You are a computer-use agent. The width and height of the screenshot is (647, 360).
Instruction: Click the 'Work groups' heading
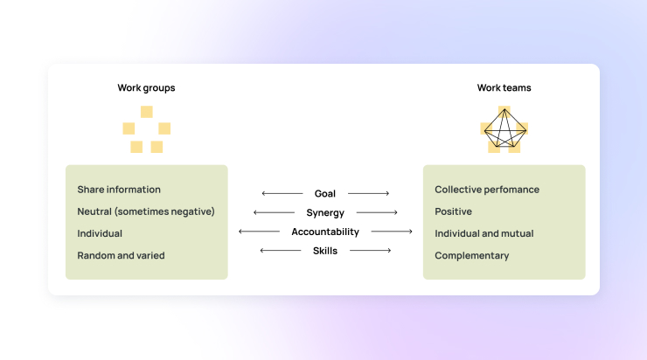pyautogui.click(x=146, y=87)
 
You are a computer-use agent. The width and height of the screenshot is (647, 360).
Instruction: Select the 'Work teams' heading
pyautogui.click(x=504, y=87)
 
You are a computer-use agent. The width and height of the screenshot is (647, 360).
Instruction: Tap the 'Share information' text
pyautogui.click(x=119, y=190)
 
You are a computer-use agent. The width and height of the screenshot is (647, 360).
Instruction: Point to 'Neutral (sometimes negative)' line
pyautogui.click(x=146, y=211)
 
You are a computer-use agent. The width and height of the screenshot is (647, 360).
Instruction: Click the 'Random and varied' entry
pyautogui.click(x=121, y=255)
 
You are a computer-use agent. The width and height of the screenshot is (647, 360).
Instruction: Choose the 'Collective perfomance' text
pyautogui.click(x=487, y=190)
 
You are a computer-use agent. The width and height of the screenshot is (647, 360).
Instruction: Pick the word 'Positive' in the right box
pyautogui.click(x=453, y=211)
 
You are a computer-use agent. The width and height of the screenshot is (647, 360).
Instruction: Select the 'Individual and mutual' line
pyautogui.click(x=484, y=233)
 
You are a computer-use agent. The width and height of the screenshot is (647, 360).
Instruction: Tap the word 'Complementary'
pyautogui.click(x=472, y=255)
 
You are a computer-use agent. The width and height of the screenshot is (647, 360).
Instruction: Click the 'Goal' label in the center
pyautogui.click(x=325, y=193)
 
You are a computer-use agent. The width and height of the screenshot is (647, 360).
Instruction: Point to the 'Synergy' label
pyautogui.click(x=325, y=212)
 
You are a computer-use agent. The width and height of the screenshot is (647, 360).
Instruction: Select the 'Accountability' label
pyautogui.click(x=325, y=232)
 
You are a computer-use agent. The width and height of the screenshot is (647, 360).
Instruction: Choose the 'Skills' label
pyautogui.click(x=325, y=251)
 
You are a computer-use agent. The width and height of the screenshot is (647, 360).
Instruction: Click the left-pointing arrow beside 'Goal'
pyautogui.click(x=281, y=193)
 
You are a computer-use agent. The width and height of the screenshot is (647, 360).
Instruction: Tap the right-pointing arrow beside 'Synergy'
pyautogui.click(x=377, y=212)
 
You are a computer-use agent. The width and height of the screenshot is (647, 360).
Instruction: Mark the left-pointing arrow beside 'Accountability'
pyautogui.click(x=259, y=232)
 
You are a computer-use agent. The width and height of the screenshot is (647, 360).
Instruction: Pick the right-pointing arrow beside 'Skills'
pyautogui.click(x=370, y=251)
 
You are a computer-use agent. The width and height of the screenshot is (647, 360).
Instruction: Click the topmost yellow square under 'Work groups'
pyautogui.click(x=147, y=112)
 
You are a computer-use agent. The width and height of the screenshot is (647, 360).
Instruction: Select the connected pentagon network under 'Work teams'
pyautogui.click(x=504, y=129)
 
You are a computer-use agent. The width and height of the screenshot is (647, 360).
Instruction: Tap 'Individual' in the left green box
pyautogui.click(x=100, y=233)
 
